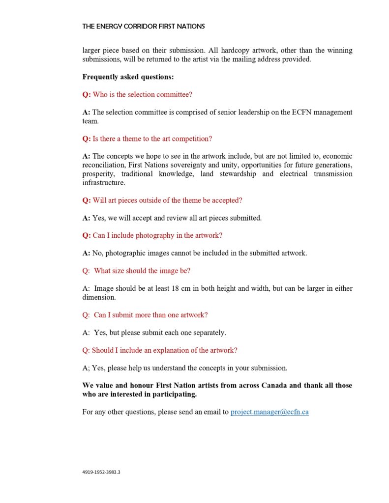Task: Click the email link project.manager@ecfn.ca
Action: (x=269, y=412)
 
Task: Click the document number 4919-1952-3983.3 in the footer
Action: (x=101, y=472)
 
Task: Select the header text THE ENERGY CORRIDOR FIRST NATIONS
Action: (x=144, y=26)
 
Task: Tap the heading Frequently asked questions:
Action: (x=128, y=77)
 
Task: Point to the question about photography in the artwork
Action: (x=152, y=235)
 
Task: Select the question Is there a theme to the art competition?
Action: (x=147, y=139)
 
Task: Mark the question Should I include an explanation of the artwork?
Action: (x=160, y=350)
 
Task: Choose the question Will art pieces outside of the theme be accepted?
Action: (x=162, y=200)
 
